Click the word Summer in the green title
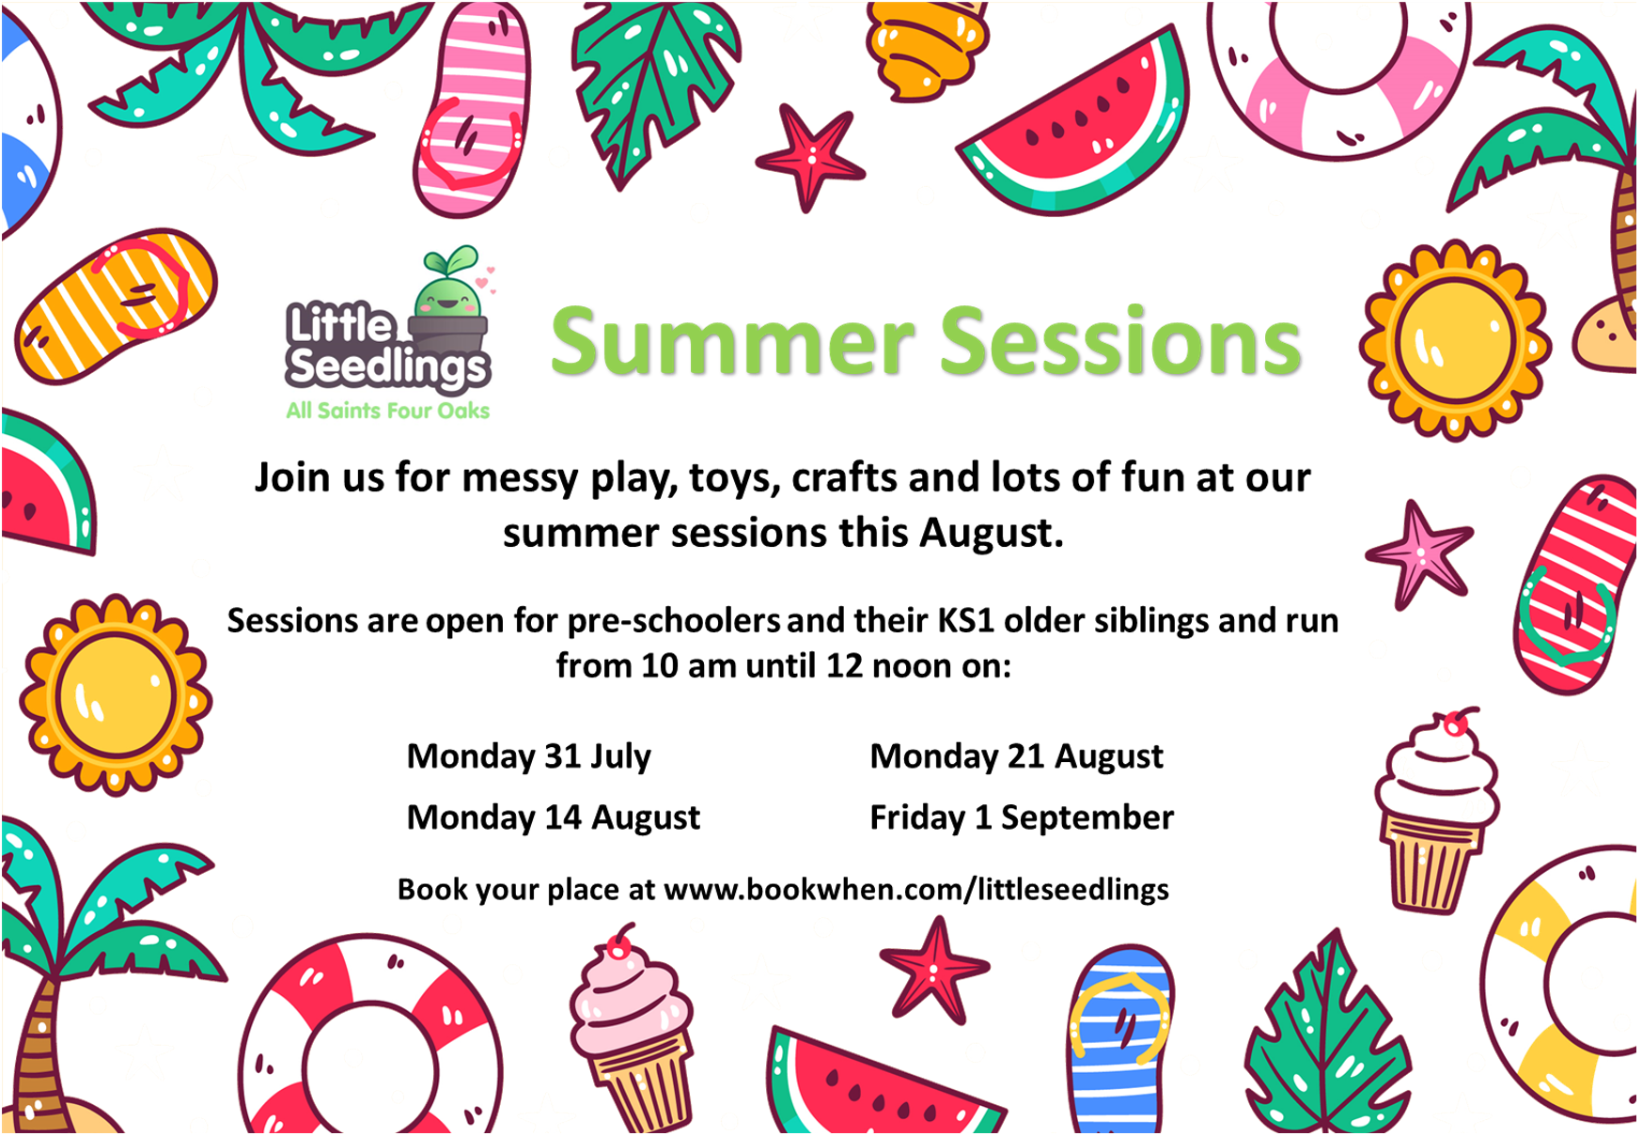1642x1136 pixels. point(732,342)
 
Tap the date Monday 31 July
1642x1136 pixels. point(528,756)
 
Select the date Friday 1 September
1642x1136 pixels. point(1022,817)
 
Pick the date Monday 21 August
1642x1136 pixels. point(1016,756)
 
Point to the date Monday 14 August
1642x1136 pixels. point(553,817)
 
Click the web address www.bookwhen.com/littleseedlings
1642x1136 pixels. point(916,889)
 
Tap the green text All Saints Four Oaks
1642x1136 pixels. point(388,411)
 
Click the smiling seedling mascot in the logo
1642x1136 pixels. point(449,296)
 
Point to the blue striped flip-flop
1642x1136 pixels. point(1120,1038)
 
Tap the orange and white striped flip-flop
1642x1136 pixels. point(115,305)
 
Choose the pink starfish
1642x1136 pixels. point(1419,553)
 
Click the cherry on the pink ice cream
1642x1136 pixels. point(619,941)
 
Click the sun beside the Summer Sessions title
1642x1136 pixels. point(1454,340)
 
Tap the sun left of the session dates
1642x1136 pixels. point(116,695)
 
